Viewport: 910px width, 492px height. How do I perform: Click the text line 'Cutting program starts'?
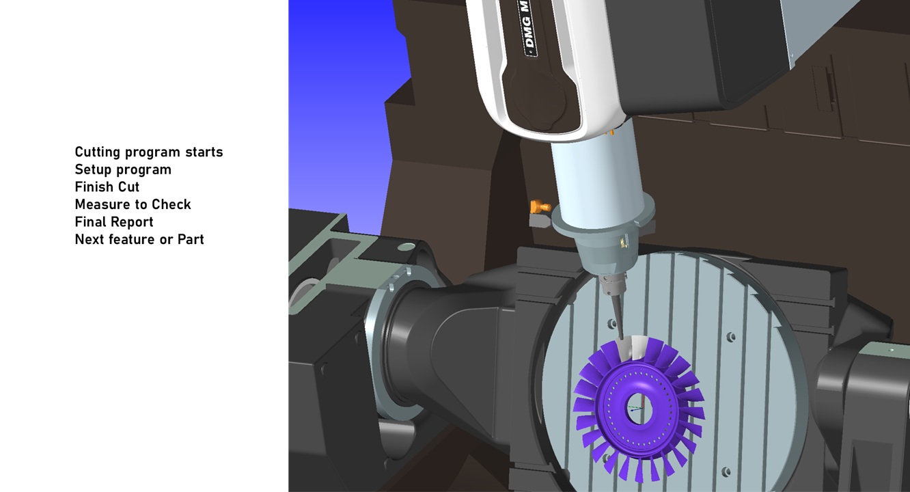tap(149, 152)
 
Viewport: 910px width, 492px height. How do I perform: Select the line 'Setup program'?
tap(123, 169)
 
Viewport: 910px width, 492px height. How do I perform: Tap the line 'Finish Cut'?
tap(107, 187)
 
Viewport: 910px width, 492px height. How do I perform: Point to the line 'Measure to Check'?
tap(133, 204)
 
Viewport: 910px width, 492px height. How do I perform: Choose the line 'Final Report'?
tap(114, 222)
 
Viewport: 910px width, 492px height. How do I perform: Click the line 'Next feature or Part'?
tap(139, 239)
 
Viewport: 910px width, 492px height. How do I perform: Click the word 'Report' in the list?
tap(133, 222)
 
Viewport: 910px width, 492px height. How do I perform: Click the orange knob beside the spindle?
tap(540, 207)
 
